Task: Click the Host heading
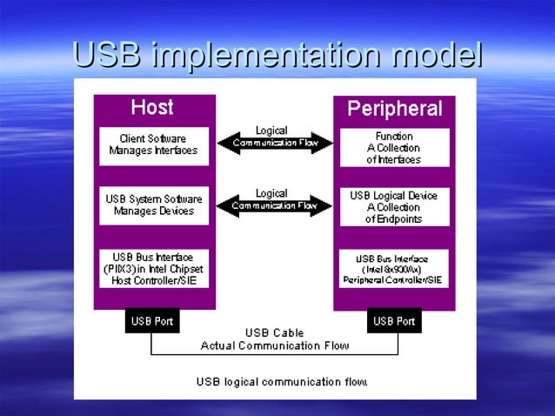point(151,108)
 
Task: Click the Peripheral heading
point(394,109)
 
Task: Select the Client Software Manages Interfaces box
point(153,144)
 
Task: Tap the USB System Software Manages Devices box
point(153,205)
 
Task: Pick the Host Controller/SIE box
point(153,268)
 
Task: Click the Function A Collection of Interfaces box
point(394,148)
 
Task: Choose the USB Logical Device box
point(394,207)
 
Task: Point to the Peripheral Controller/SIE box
point(394,269)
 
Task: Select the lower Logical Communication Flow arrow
point(274,206)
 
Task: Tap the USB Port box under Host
point(152,321)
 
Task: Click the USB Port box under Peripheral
point(394,321)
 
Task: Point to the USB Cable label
point(275,332)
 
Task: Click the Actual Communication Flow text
point(275,346)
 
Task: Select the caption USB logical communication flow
point(282,381)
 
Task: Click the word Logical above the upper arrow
point(271,131)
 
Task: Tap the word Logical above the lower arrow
point(271,193)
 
